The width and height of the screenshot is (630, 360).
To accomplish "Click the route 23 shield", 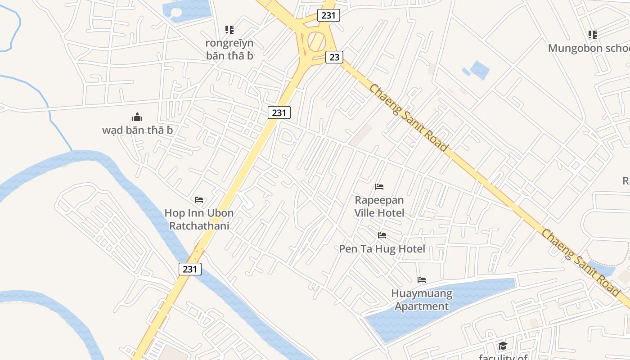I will (x=334, y=57).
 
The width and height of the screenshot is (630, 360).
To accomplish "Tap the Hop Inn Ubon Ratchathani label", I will (x=199, y=219).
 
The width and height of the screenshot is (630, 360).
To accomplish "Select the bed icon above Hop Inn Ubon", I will (x=199, y=199).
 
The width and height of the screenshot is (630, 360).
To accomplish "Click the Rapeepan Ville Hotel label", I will (x=379, y=206).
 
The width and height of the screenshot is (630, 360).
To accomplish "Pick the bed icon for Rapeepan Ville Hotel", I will (x=379, y=186).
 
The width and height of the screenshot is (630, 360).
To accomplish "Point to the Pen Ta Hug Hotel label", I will (x=382, y=249).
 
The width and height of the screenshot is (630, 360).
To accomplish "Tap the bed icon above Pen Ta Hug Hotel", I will (x=382, y=235).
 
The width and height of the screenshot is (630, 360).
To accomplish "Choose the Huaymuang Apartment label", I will (x=421, y=300).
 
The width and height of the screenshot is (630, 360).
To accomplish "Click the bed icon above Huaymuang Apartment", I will (x=422, y=280).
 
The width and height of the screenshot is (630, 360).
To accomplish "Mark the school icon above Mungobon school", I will (x=592, y=34).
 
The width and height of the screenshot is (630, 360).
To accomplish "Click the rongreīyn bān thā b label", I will (x=229, y=49).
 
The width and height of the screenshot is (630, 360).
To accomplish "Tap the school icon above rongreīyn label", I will (x=229, y=30).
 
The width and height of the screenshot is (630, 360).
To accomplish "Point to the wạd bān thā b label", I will (x=137, y=130).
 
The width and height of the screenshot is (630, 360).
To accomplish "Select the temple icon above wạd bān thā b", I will (x=137, y=117).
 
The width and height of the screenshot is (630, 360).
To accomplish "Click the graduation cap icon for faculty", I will (x=502, y=346).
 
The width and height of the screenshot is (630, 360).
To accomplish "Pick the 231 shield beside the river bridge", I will (x=190, y=269).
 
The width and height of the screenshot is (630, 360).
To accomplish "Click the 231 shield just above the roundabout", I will (x=328, y=15).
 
